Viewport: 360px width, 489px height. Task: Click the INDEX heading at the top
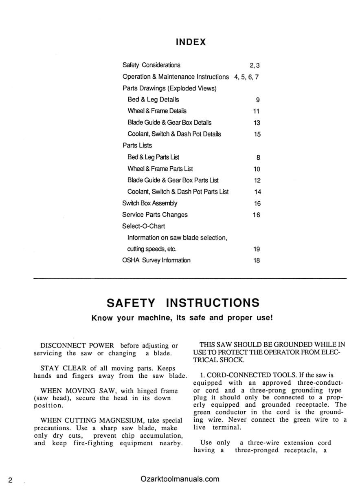(x=191, y=42)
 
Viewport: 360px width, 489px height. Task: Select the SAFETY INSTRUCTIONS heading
(x=183, y=303)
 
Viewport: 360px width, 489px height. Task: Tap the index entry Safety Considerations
(x=151, y=65)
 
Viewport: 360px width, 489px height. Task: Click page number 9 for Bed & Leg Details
(x=258, y=100)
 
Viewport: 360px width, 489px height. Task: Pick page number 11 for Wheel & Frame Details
(x=256, y=111)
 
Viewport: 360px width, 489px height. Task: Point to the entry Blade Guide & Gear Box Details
(x=169, y=122)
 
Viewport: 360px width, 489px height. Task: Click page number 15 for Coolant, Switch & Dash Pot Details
(x=257, y=134)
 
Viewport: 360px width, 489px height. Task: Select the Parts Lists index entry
(x=137, y=145)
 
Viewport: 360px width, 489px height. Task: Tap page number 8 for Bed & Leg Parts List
(x=258, y=158)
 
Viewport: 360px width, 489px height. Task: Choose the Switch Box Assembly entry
(x=149, y=203)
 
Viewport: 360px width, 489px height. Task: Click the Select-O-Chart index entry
(x=143, y=226)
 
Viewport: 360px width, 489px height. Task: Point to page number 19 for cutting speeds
(x=257, y=249)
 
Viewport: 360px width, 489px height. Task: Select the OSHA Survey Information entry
(x=156, y=260)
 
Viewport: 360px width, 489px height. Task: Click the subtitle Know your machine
(x=182, y=318)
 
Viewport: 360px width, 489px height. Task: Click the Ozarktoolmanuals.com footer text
(x=180, y=479)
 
